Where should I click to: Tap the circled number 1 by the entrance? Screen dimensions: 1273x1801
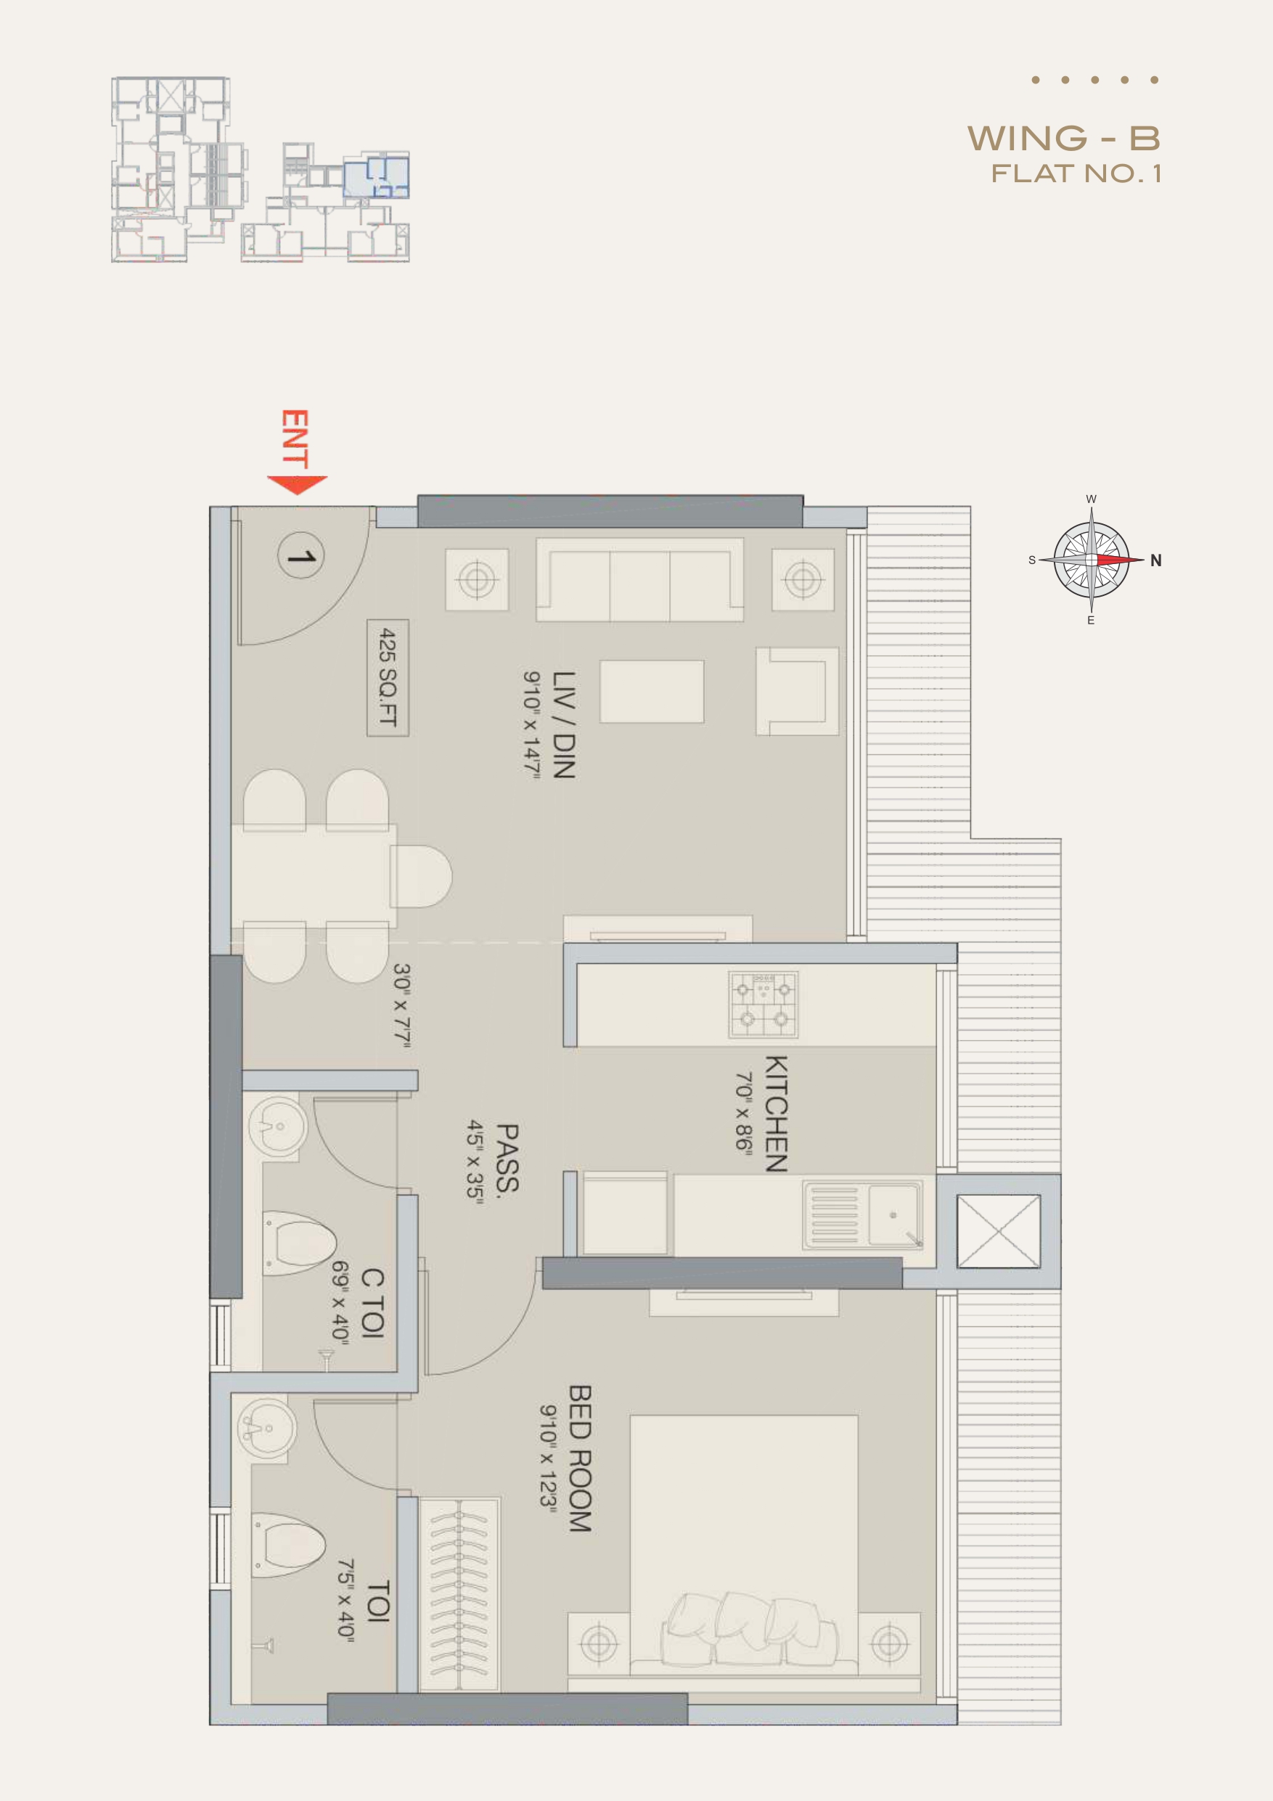tap(300, 556)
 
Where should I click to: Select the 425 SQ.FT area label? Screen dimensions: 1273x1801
tap(388, 678)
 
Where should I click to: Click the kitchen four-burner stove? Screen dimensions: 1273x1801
tap(764, 1005)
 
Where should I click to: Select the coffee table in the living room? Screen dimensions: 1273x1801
tap(652, 691)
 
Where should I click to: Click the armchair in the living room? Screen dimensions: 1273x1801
tap(797, 691)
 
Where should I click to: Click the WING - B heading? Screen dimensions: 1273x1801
tap(1063, 139)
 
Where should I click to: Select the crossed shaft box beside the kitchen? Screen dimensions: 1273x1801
tap(999, 1230)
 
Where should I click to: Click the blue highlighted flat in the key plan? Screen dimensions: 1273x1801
tap(377, 176)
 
